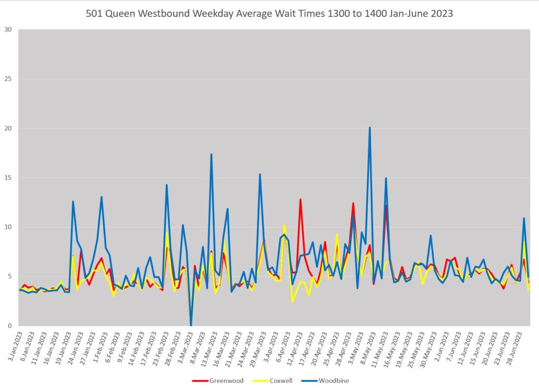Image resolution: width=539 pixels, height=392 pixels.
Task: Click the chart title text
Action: click(x=269, y=14)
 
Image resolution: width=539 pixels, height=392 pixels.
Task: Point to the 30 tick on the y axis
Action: click(x=8, y=29)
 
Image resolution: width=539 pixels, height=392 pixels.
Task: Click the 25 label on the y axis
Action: click(x=8, y=79)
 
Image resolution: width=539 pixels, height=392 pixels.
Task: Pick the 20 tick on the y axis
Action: click(x=8, y=128)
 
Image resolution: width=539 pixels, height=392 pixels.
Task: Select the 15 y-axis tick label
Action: click(x=8, y=178)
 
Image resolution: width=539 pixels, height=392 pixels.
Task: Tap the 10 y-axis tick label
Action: click(x=8, y=227)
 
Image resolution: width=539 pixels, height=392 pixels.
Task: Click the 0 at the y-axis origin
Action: click(x=10, y=326)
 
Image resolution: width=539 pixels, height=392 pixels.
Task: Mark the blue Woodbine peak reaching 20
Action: click(x=370, y=127)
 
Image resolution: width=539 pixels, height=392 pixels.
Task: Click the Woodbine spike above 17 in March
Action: click(x=211, y=154)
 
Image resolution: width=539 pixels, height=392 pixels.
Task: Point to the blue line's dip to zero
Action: click(x=191, y=325)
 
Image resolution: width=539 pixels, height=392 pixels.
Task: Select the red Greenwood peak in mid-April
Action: click(x=300, y=199)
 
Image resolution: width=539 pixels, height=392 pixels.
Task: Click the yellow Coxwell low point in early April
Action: click(x=292, y=301)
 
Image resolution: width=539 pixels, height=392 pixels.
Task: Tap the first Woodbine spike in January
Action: click(x=73, y=202)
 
